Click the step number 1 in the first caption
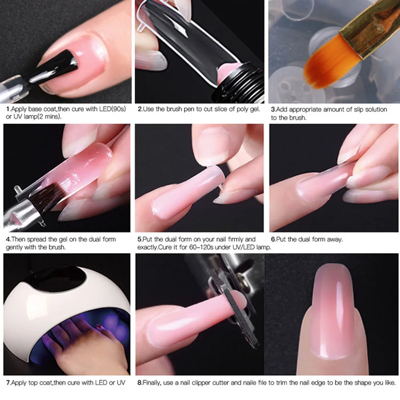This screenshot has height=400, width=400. [8, 109]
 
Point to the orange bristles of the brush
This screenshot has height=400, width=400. [320, 68]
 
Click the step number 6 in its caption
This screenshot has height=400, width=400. [273, 240]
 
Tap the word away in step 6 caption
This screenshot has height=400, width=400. [334, 240]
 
